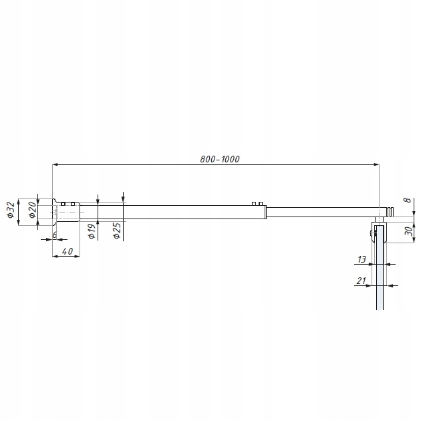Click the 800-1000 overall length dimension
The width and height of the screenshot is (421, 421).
point(219,159)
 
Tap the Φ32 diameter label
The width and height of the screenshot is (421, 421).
point(11,210)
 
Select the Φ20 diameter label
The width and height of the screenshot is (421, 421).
point(31,210)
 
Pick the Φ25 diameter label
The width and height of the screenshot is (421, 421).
point(117,231)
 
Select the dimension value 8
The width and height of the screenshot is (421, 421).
point(407,200)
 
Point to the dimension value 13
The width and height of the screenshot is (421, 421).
point(362,259)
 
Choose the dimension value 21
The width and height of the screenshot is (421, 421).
point(362,281)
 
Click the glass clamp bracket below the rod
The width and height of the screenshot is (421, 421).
point(379,234)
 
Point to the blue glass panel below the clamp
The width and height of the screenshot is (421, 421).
point(379,281)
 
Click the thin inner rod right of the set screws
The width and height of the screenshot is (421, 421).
point(321,212)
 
